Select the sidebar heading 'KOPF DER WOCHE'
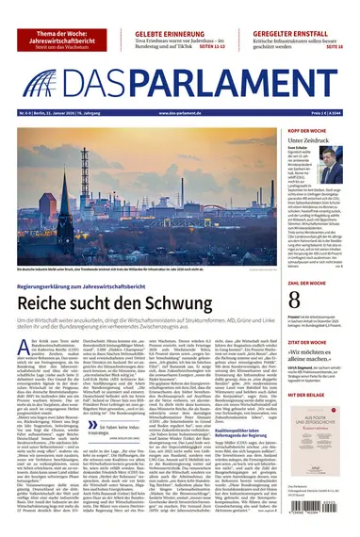[306, 129]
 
